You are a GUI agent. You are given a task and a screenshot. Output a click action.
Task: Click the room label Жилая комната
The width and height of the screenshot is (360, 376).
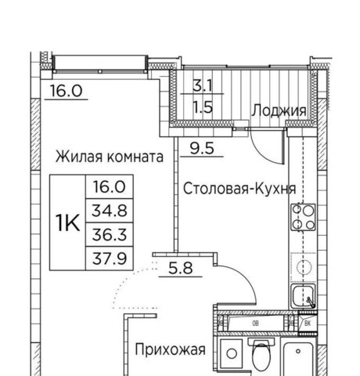point(110,157)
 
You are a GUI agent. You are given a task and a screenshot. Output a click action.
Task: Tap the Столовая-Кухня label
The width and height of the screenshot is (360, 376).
point(239,189)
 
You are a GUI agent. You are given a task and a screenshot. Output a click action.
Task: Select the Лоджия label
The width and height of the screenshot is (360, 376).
point(279,110)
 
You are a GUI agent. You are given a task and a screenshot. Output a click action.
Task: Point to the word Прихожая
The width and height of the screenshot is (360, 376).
point(171,349)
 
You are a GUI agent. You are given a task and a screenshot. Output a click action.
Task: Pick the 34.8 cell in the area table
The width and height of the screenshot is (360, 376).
point(110,211)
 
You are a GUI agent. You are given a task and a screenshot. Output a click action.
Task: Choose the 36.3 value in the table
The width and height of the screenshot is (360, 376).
point(110,234)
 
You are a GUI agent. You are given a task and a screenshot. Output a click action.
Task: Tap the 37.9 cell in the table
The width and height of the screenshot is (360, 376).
point(110,258)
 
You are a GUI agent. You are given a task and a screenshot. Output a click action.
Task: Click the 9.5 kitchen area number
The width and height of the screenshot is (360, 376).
point(202,148)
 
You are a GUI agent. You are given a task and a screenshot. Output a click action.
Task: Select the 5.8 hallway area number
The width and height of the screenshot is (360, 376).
point(181,268)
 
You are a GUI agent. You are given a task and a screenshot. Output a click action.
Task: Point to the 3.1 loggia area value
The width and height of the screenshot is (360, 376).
point(203,85)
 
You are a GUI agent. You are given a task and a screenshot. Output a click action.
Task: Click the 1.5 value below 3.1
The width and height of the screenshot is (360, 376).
point(203,107)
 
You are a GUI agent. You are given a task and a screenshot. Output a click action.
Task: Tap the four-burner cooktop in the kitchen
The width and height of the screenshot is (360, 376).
point(303,217)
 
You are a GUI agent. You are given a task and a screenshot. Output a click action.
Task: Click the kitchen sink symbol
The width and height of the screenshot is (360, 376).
point(303,296)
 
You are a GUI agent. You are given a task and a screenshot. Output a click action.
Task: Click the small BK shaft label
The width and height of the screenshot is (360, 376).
point(308,324)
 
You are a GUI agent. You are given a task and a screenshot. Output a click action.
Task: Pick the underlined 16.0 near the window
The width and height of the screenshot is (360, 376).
point(66,91)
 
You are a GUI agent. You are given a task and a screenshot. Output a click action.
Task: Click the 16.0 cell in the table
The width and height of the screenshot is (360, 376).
point(110,187)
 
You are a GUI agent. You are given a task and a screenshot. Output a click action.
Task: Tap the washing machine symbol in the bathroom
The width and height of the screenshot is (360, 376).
point(231,354)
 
